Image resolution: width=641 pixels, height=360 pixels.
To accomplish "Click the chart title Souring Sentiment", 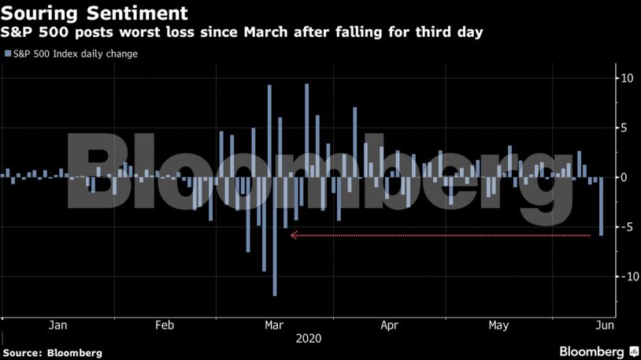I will tap(94, 13).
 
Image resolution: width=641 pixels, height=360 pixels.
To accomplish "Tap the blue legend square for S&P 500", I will tap(8, 54).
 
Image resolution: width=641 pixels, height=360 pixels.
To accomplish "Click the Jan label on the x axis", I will tap(57, 325).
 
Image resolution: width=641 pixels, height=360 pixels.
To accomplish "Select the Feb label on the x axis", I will tap(165, 325).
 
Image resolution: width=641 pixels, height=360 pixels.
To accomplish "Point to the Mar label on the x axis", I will tap(274, 325).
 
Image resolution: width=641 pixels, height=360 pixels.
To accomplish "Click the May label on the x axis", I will tap(498, 325).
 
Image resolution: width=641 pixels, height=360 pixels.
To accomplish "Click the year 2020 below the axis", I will tap(307, 339).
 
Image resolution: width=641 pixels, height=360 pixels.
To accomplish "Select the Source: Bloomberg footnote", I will tap(53, 353).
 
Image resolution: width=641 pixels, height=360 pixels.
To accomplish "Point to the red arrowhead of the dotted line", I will tap(294, 235).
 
